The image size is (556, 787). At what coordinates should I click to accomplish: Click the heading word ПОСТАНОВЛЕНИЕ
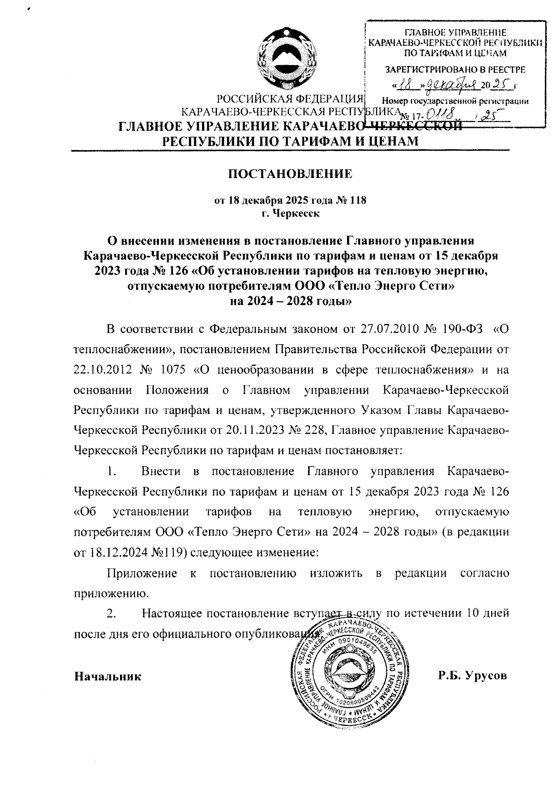click(x=291, y=174)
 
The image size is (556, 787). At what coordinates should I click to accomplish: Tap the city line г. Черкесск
click(x=290, y=214)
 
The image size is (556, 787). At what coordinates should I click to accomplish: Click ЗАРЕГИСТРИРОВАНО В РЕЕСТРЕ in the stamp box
click(x=455, y=70)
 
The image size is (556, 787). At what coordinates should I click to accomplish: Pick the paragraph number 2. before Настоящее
click(x=111, y=614)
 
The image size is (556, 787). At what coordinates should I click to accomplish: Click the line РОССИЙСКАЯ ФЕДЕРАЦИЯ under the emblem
click(x=290, y=99)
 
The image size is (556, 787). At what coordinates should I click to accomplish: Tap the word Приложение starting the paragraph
click(x=142, y=573)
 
